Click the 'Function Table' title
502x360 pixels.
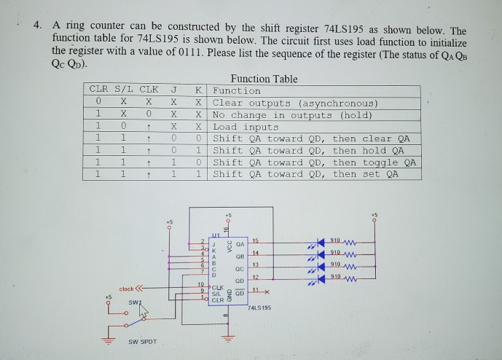pos(264,79)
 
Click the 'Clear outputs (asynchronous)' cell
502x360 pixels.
pos(294,103)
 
